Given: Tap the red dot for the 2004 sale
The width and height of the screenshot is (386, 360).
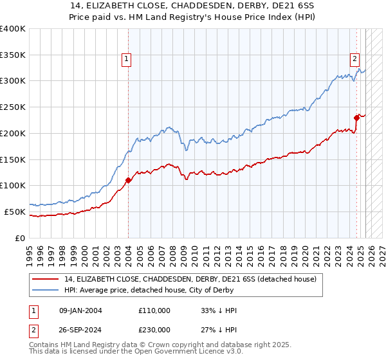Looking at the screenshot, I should pyautogui.click(x=128, y=180).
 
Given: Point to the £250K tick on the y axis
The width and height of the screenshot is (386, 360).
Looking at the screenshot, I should pyautogui.click(x=13, y=107).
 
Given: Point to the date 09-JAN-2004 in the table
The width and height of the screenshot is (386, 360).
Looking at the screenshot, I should pyautogui.click(x=80, y=310).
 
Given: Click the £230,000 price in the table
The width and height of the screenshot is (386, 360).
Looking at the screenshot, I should pyautogui.click(x=154, y=330).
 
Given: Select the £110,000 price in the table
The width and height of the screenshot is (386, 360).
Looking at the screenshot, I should pyautogui.click(x=154, y=310).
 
